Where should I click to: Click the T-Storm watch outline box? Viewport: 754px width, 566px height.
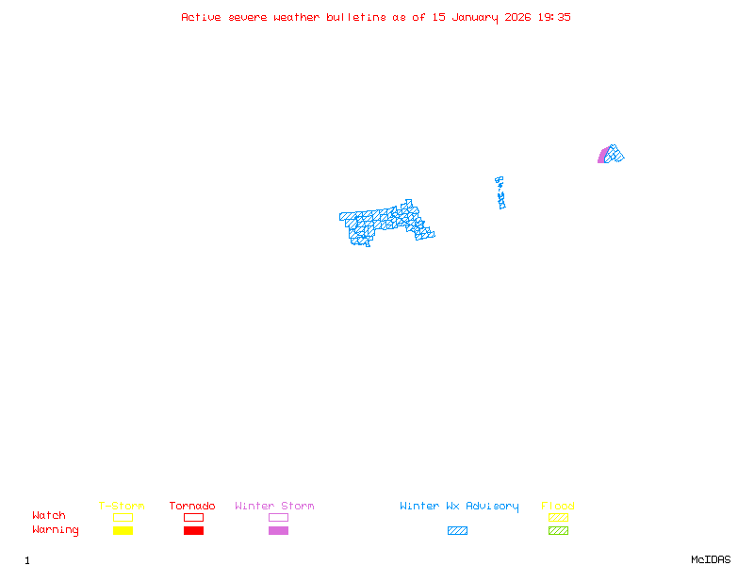point(123,517)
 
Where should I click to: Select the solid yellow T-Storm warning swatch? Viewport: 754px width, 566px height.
point(123,531)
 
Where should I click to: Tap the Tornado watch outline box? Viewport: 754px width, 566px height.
point(193,517)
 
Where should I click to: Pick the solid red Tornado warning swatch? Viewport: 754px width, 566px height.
point(193,531)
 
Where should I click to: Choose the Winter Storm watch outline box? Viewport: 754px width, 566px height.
point(278,517)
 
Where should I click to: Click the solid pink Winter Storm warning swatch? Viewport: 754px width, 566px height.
point(278,531)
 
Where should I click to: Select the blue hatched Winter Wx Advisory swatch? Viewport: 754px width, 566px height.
point(457,531)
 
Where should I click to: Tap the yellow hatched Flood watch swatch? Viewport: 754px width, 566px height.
point(558,517)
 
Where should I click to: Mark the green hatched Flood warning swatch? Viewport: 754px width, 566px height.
point(558,531)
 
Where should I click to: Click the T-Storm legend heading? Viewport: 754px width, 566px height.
point(122,506)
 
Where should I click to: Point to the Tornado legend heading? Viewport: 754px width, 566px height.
point(192,506)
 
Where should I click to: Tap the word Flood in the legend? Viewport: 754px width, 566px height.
point(558,506)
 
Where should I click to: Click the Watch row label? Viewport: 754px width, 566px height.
point(49,516)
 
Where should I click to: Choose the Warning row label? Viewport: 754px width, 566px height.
point(55,530)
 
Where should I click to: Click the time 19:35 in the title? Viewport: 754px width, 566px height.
point(554,17)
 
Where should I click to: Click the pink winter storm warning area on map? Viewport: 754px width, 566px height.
point(602,157)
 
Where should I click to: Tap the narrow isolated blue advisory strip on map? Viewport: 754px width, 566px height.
point(500,192)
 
